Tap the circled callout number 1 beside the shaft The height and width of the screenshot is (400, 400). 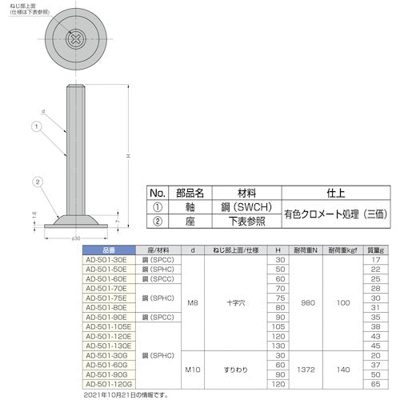click(x=36, y=126)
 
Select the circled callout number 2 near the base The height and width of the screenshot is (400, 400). click(x=37, y=182)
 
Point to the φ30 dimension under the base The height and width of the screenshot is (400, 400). click(x=75, y=238)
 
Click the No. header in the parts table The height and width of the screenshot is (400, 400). click(x=158, y=193)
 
